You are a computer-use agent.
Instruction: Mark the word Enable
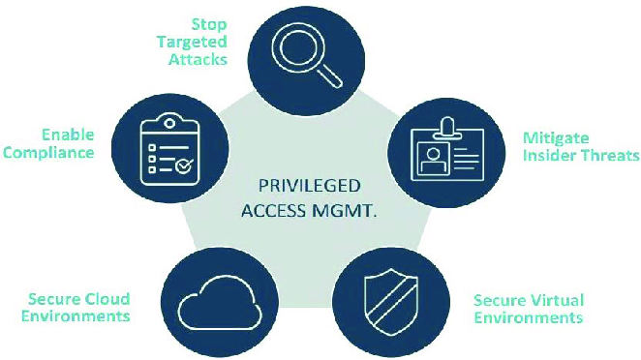pyautogui.click(x=68, y=135)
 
